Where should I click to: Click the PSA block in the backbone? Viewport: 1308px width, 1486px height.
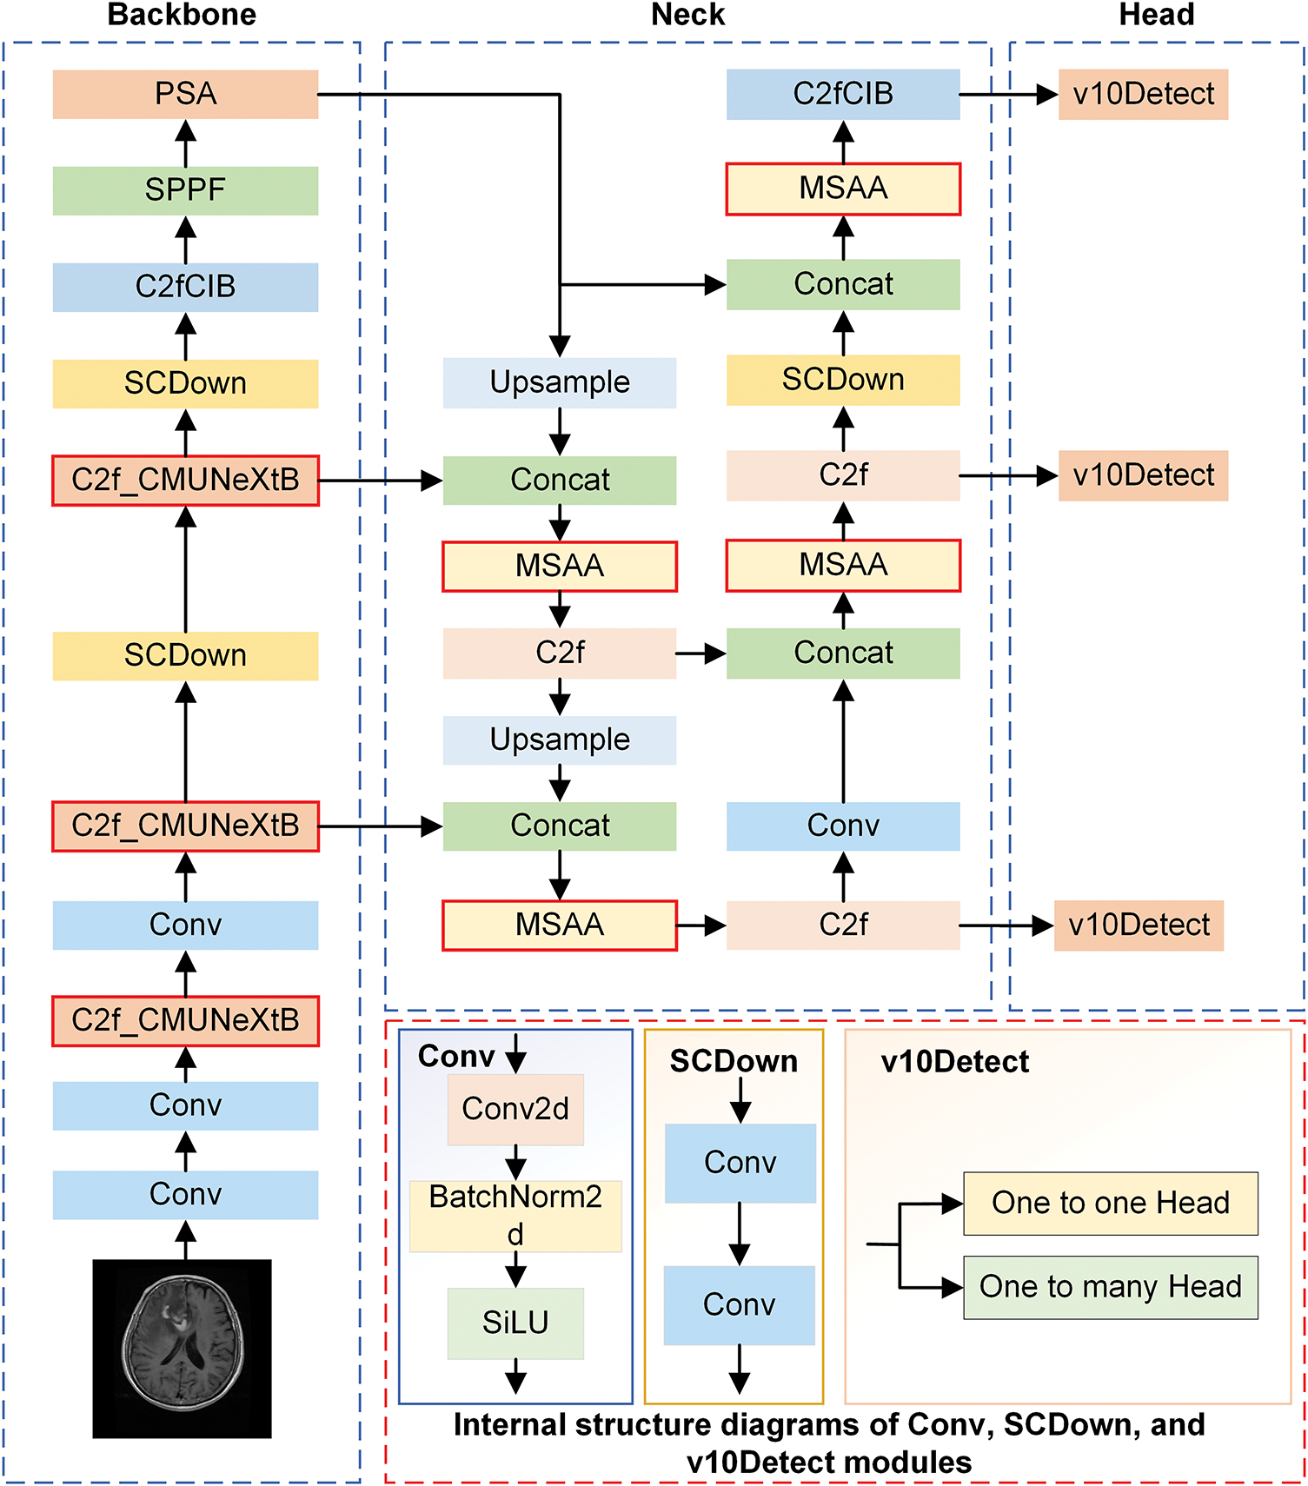pyautogui.click(x=185, y=94)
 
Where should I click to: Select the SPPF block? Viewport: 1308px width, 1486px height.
pyautogui.click(x=185, y=190)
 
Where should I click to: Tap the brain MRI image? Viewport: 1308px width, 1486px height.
pyautogui.click(x=182, y=1348)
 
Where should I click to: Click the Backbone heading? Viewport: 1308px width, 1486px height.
pyautogui.click(x=182, y=15)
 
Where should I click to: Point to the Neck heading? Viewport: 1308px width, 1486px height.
pyautogui.click(x=687, y=15)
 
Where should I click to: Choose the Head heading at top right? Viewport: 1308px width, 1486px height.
pyautogui.click(x=1156, y=15)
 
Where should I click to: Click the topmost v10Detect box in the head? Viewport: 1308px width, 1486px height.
pyautogui.click(x=1143, y=94)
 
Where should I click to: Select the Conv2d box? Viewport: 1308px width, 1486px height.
pyautogui.click(x=515, y=1109)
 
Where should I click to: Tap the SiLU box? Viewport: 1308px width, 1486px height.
pyautogui.click(x=515, y=1323)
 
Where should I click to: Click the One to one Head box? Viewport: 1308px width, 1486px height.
pyautogui.click(x=1110, y=1204)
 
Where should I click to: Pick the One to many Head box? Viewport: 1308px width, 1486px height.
pyautogui.click(x=1110, y=1287)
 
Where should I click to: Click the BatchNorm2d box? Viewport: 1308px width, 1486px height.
pyautogui.click(x=515, y=1215)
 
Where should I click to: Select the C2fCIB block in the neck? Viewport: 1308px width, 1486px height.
pyautogui.click(x=843, y=94)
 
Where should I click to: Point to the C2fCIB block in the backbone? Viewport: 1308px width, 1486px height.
pyautogui.click(x=185, y=287)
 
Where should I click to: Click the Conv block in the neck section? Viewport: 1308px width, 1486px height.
pyautogui.click(x=843, y=826)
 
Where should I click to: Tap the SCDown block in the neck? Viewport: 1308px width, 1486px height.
pyautogui.click(x=843, y=380)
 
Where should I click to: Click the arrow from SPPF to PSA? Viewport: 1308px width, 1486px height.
pyautogui.click(x=185, y=143)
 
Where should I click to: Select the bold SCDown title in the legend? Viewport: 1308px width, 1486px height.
pyautogui.click(x=734, y=1061)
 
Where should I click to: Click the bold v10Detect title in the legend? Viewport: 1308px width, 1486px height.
pyautogui.click(x=954, y=1061)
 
